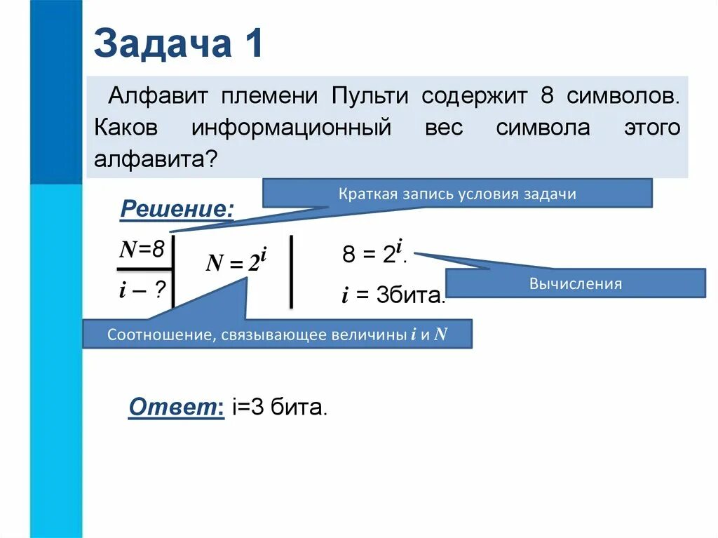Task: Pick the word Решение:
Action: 177,208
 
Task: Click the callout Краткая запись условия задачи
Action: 457,194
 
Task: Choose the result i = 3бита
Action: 393,296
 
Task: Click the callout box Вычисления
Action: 576,283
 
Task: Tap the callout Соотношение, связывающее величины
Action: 278,334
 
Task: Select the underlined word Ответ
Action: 173,407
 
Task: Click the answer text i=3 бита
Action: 278,408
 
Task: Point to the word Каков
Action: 128,128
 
